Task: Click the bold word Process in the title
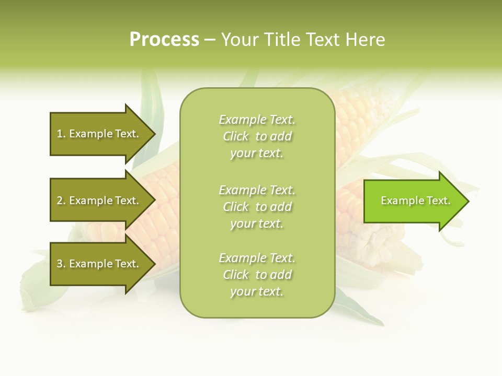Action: click(x=164, y=40)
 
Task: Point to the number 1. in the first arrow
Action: click(x=61, y=134)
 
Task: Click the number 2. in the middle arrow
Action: click(x=61, y=201)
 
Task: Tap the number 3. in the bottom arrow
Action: click(x=61, y=264)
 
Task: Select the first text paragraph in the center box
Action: click(x=257, y=136)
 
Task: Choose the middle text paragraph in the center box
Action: click(x=257, y=207)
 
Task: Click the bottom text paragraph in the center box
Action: click(x=257, y=275)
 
